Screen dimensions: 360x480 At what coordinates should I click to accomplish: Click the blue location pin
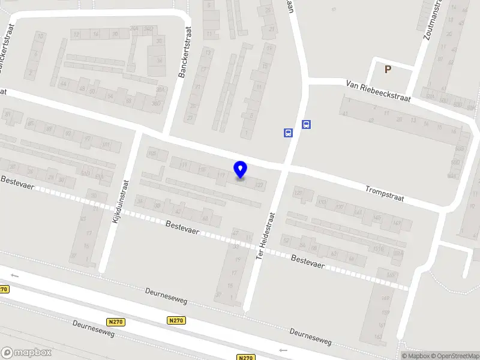click(x=241, y=170)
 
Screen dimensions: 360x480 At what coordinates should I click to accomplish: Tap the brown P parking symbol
click(x=388, y=69)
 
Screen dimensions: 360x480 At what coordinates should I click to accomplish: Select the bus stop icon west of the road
click(x=288, y=133)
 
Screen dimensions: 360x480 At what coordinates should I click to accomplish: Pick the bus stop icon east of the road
click(x=306, y=125)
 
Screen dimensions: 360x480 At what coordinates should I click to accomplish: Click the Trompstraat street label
click(x=385, y=193)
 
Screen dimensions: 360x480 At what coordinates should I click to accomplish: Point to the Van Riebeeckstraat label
click(x=378, y=91)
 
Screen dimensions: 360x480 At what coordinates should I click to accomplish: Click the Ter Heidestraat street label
click(x=265, y=236)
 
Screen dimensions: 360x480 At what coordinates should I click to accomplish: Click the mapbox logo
click(x=26, y=352)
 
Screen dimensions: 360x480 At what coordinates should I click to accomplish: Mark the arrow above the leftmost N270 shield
click(x=14, y=275)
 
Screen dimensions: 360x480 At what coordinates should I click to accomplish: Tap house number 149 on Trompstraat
click(x=397, y=223)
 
